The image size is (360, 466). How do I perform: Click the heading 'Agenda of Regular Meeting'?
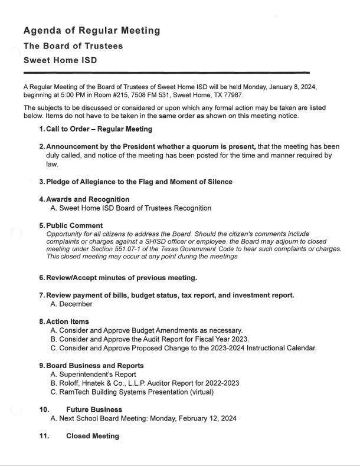point(91,31)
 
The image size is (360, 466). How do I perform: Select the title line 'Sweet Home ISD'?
point(60,60)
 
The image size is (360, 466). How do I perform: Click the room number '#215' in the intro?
point(136,95)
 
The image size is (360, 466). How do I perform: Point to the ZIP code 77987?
point(231,95)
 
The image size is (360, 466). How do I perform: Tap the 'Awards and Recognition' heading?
point(88,199)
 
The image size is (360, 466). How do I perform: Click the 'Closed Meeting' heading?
point(93,436)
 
